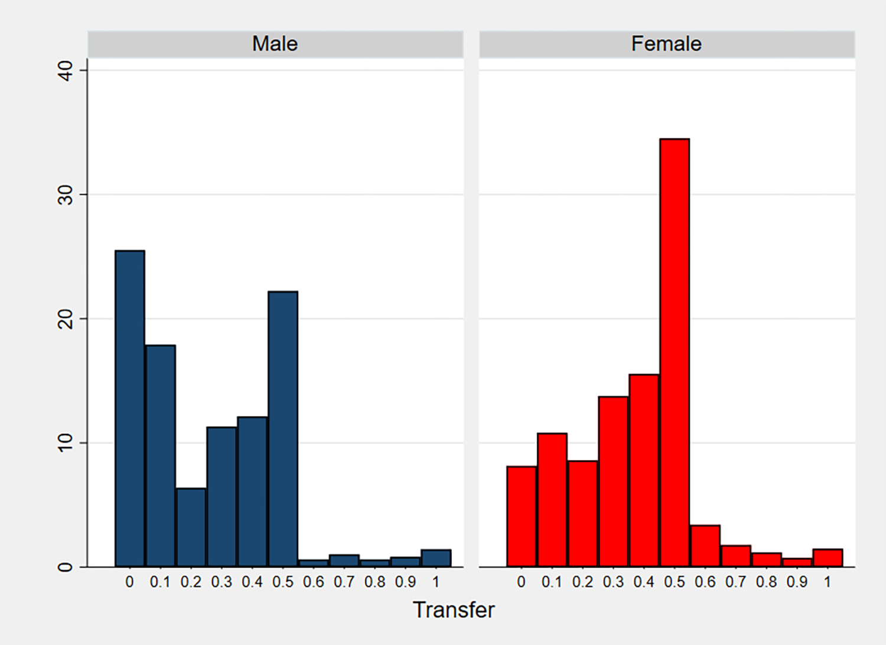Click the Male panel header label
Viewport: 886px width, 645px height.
(275, 44)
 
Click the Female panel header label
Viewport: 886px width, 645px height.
(666, 44)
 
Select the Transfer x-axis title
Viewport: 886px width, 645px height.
(454, 610)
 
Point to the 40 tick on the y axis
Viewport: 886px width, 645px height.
(66, 70)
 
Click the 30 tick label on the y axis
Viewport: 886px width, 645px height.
(66, 195)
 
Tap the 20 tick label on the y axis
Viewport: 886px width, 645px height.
(66, 319)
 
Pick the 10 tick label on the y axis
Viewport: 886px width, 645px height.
(66, 443)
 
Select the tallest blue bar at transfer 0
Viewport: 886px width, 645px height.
(130, 408)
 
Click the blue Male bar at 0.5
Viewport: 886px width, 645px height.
(283, 429)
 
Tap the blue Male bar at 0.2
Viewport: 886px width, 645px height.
(191, 527)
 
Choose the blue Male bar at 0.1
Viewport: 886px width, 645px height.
(161, 455)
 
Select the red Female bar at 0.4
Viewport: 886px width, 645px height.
(644, 470)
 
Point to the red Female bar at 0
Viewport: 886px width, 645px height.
(522, 516)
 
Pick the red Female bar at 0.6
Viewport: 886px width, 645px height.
(705, 546)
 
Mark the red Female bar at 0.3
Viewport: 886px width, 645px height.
(613, 481)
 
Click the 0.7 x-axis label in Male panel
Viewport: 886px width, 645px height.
(344, 582)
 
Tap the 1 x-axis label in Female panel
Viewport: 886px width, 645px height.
(828, 582)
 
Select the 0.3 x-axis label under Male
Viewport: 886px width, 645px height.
(221, 582)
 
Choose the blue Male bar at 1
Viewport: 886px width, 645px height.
(436, 558)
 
